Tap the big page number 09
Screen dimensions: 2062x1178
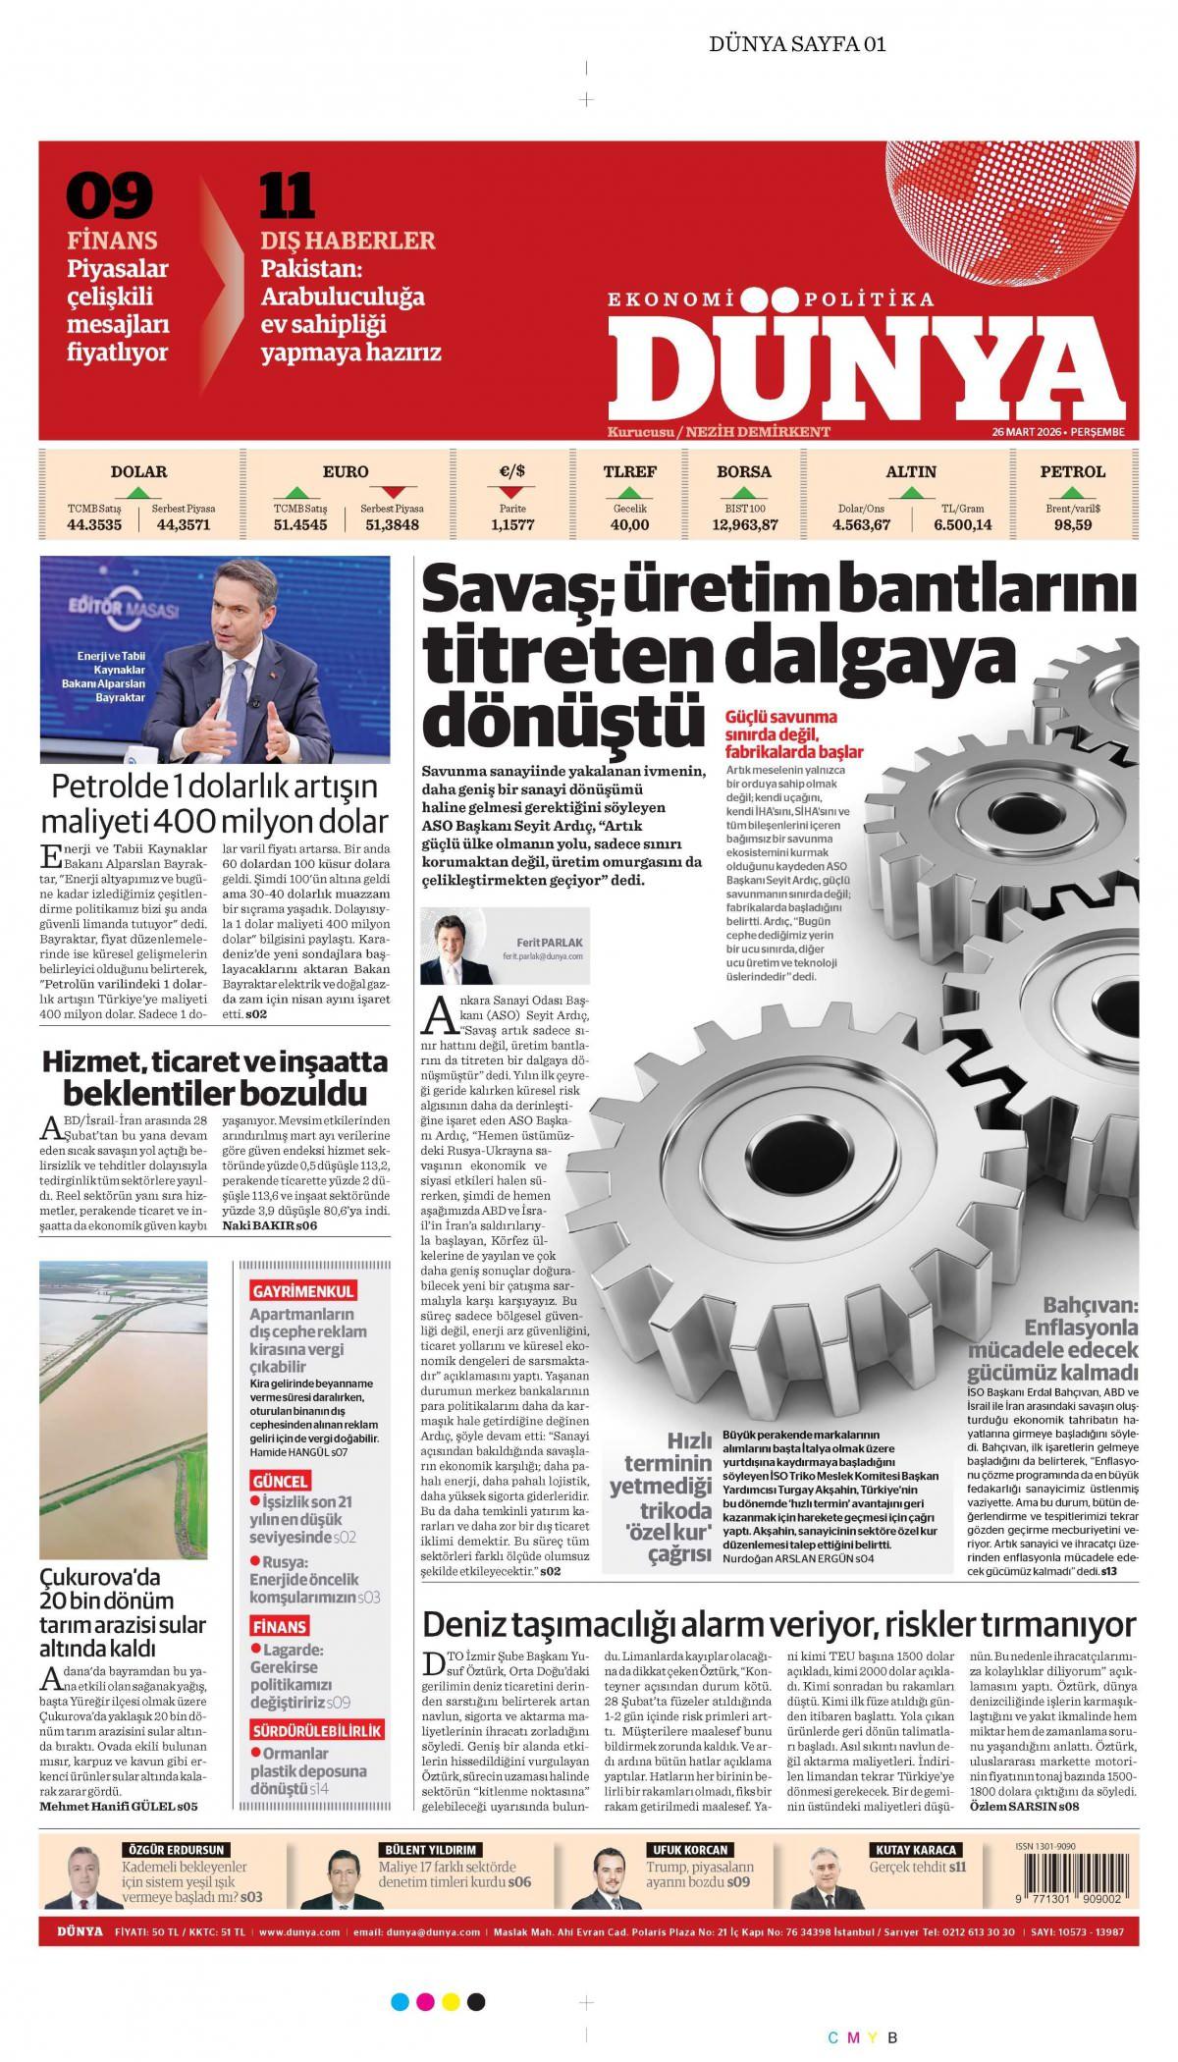[x=109, y=195]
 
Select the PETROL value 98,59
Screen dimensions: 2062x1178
[x=1072, y=525]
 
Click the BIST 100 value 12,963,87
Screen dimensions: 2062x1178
[x=744, y=525]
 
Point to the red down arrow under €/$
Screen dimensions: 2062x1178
[x=512, y=491]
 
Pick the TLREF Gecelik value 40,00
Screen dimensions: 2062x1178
[x=629, y=525]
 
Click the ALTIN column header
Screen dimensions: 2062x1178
[x=911, y=471]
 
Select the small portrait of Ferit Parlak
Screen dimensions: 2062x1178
[x=455, y=946]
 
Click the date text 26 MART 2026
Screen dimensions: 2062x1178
[x=1028, y=432]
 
